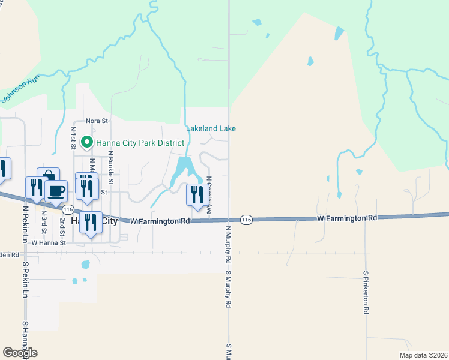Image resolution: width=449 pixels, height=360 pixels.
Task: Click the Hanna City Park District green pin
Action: pos(86,143)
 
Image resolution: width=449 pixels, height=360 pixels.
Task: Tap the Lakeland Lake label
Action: pos(211,128)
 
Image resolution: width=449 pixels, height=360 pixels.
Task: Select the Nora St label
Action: pos(96,121)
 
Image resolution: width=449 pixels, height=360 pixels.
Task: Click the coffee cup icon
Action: pos(56,191)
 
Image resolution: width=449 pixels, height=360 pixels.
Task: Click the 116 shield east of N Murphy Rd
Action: pos(246,220)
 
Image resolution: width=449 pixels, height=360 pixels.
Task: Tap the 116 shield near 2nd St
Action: pos(68,209)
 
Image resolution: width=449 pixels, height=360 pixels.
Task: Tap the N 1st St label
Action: pos(73,137)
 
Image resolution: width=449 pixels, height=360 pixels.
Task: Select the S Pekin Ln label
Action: pos(26,279)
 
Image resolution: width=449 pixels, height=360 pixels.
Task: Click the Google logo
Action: pos(20,353)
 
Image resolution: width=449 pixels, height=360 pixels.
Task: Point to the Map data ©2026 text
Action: pos(423,355)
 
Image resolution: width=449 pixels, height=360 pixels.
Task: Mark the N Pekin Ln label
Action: pos(25,224)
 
